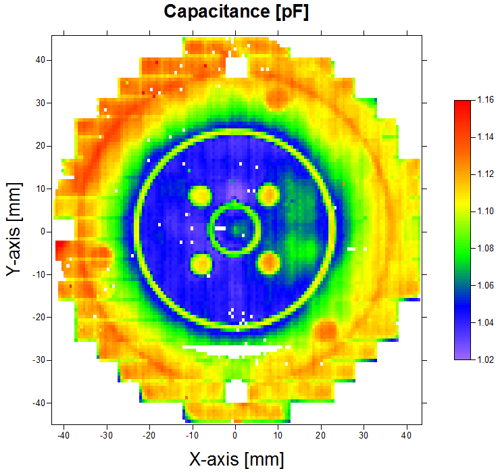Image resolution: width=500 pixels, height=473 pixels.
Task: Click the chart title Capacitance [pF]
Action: [x=236, y=12]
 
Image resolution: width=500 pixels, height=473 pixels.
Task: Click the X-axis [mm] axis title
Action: [x=236, y=459]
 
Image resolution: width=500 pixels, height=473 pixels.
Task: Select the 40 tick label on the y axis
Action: [x=40, y=60]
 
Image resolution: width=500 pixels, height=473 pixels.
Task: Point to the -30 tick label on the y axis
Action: [x=38, y=360]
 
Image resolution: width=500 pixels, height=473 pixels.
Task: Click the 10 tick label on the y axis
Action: [x=40, y=189]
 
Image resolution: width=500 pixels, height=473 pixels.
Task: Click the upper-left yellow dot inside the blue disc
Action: [x=200, y=195]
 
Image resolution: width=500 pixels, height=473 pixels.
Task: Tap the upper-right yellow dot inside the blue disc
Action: [x=269, y=195]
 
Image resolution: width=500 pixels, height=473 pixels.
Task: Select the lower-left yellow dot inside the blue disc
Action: [x=201, y=263]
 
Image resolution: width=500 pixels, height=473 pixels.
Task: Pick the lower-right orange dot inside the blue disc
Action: [x=269, y=261]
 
